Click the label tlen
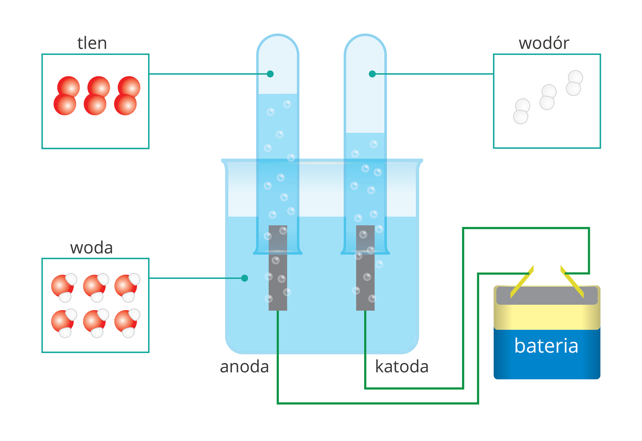pos(92,43)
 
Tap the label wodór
pos(544,43)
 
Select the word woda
pos(91,248)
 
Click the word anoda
pos(244,367)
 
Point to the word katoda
pos(402,367)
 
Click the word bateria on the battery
pos(546,346)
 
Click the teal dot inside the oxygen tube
pos(270,74)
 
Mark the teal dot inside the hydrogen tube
pos(372,74)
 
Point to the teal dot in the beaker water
pos(245,278)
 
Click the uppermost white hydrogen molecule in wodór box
pos(574,83)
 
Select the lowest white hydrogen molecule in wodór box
pos(521,111)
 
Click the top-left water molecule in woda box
pos(64,287)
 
